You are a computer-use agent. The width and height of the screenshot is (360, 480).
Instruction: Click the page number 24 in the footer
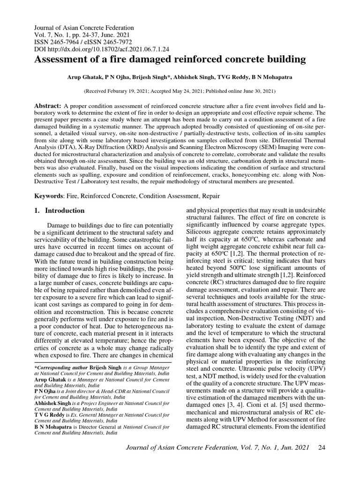coord(322,461)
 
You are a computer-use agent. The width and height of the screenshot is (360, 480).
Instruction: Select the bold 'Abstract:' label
coord(48,107)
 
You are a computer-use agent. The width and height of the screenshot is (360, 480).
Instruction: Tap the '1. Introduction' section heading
coord(60,210)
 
